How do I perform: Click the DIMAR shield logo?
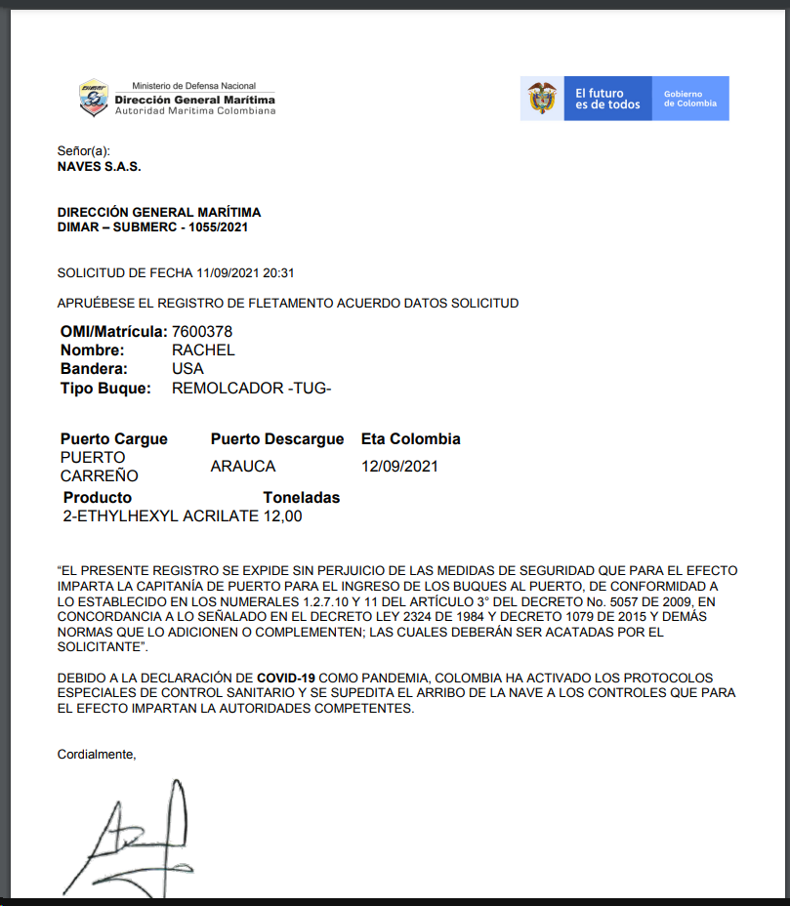(x=94, y=99)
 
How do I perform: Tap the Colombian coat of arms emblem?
(x=542, y=99)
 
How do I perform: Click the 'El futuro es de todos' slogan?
(x=607, y=99)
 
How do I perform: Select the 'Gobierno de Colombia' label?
(x=689, y=99)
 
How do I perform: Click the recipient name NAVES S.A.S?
(x=100, y=167)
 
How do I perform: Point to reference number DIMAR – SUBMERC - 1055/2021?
(x=153, y=227)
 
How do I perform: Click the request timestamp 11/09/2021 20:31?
(x=245, y=273)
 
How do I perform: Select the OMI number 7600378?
(x=202, y=332)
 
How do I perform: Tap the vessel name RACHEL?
(x=203, y=350)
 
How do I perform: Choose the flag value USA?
(x=187, y=369)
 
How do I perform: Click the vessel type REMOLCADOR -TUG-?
(x=252, y=389)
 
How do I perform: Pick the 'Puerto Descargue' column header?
(x=277, y=439)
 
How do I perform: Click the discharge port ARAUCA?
(x=243, y=467)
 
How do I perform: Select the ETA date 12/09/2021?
(x=399, y=467)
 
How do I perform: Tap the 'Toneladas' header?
(x=302, y=498)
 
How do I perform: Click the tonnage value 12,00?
(x=283, y=516)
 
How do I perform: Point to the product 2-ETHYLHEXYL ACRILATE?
(x=160, y=516)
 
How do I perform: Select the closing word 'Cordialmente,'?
(x=97, y=754)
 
